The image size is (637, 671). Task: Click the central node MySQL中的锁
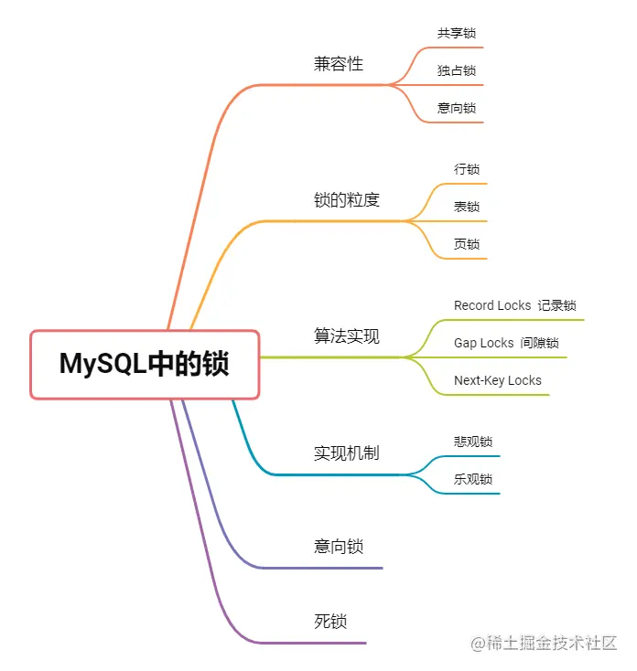pos(145,364)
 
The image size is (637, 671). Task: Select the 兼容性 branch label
pos(339,64)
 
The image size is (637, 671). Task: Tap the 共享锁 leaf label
pos(456,33)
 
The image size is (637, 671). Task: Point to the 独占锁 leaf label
pos(456,70)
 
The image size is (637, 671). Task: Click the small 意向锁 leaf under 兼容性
pos(456,108)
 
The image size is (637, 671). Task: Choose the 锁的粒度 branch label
pos(346,199)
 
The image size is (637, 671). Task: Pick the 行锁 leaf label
pos(467,169)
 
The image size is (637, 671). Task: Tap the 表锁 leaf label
pos(467,207)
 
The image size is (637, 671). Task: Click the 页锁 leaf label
pos(467,244)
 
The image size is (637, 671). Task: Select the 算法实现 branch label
pos(346,336)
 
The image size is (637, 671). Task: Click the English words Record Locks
pos(492,305)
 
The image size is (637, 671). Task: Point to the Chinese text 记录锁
pos(556,305)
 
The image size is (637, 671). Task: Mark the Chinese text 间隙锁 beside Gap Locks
pos(539,343)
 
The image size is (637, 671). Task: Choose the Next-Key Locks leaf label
pos(498,380)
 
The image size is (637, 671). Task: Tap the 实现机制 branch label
pos(346,453)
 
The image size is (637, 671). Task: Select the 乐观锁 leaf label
pos(467,479)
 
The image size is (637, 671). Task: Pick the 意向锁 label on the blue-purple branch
pos(339,547)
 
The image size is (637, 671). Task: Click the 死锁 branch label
pos(330,622)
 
